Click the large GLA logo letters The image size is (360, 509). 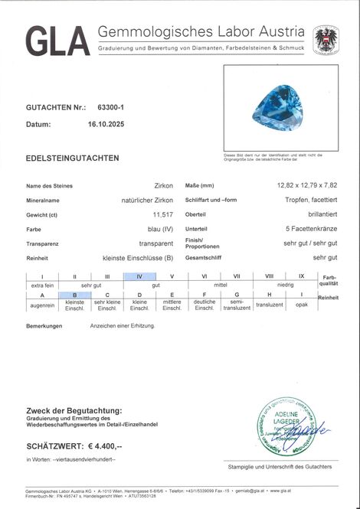(57, 40)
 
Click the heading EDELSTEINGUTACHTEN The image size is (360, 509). (72, 158)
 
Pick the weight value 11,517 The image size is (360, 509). (162, 215)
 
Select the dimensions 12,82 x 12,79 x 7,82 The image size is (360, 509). (306, 186)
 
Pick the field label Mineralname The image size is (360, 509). (44, 201)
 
